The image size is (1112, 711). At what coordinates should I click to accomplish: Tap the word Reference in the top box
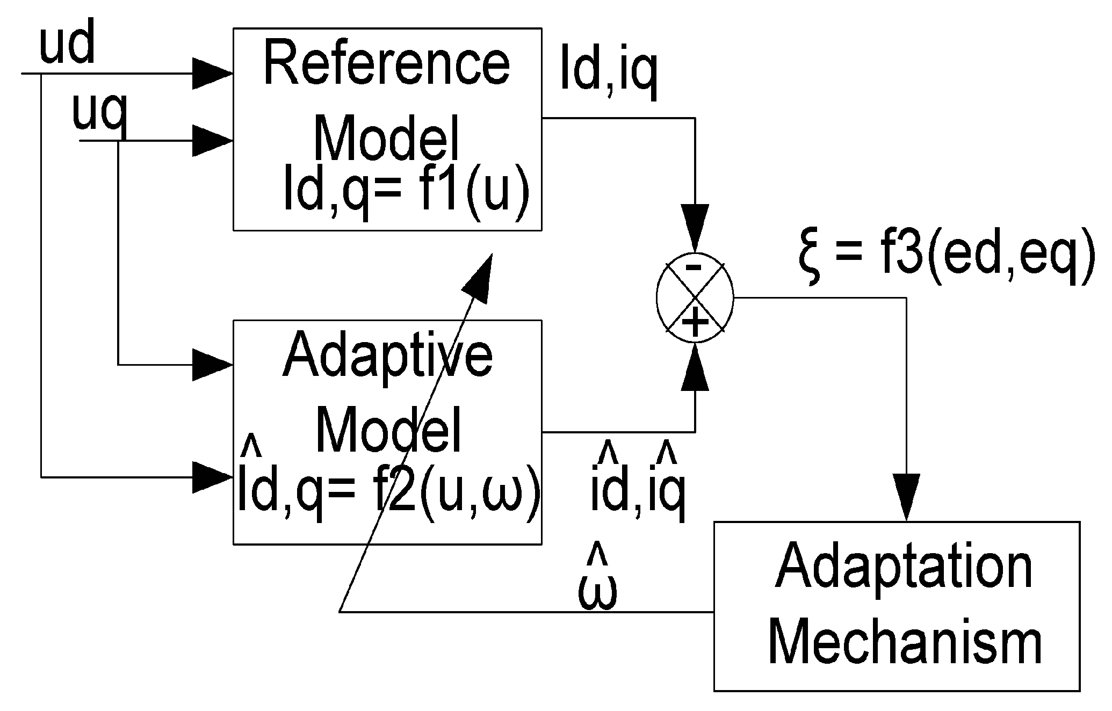click(x=386, y=64)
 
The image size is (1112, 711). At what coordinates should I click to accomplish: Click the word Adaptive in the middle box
click(x=387, y=356)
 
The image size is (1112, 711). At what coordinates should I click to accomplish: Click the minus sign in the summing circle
click(x=694, y=267)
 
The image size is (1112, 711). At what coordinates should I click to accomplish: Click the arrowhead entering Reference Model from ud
click(x=212, y=74)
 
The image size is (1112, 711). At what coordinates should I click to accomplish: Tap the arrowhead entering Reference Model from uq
click(x=212, y=141)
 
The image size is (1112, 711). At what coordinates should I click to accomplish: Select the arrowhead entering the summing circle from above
click(x=695, y=228)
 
